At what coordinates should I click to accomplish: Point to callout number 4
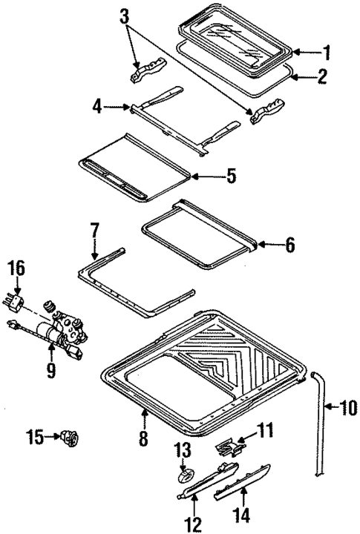click(98, 108)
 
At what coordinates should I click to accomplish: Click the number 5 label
click(231, 177)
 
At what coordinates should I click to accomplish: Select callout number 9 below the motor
click(50, 367)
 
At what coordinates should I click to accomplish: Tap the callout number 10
click(348, 406)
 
